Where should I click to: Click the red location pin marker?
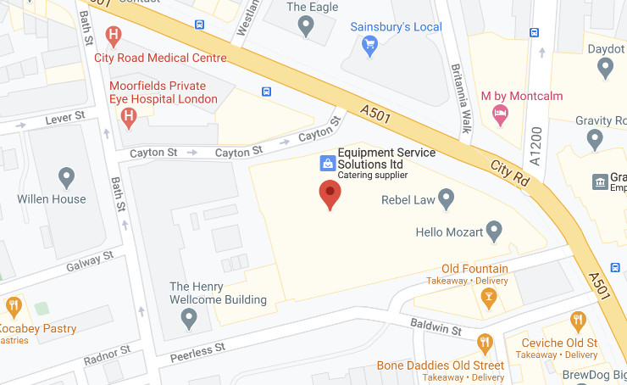coord(330,194)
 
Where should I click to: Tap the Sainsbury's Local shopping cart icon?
coord(369,47)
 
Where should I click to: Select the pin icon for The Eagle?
coord(307,27)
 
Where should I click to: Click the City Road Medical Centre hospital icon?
coord(113,36)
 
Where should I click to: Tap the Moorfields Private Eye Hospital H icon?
coord(129,118)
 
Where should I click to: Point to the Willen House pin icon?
coord(67,178)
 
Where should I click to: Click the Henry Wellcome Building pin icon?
coord(190,318)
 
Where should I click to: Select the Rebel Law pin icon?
coord(446,199)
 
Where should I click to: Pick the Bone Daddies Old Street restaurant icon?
coord(484,344)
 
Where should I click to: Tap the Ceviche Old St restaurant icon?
coord(578,321)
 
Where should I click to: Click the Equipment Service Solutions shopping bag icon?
coord(326,162)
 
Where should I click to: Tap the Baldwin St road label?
coord(436,327)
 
